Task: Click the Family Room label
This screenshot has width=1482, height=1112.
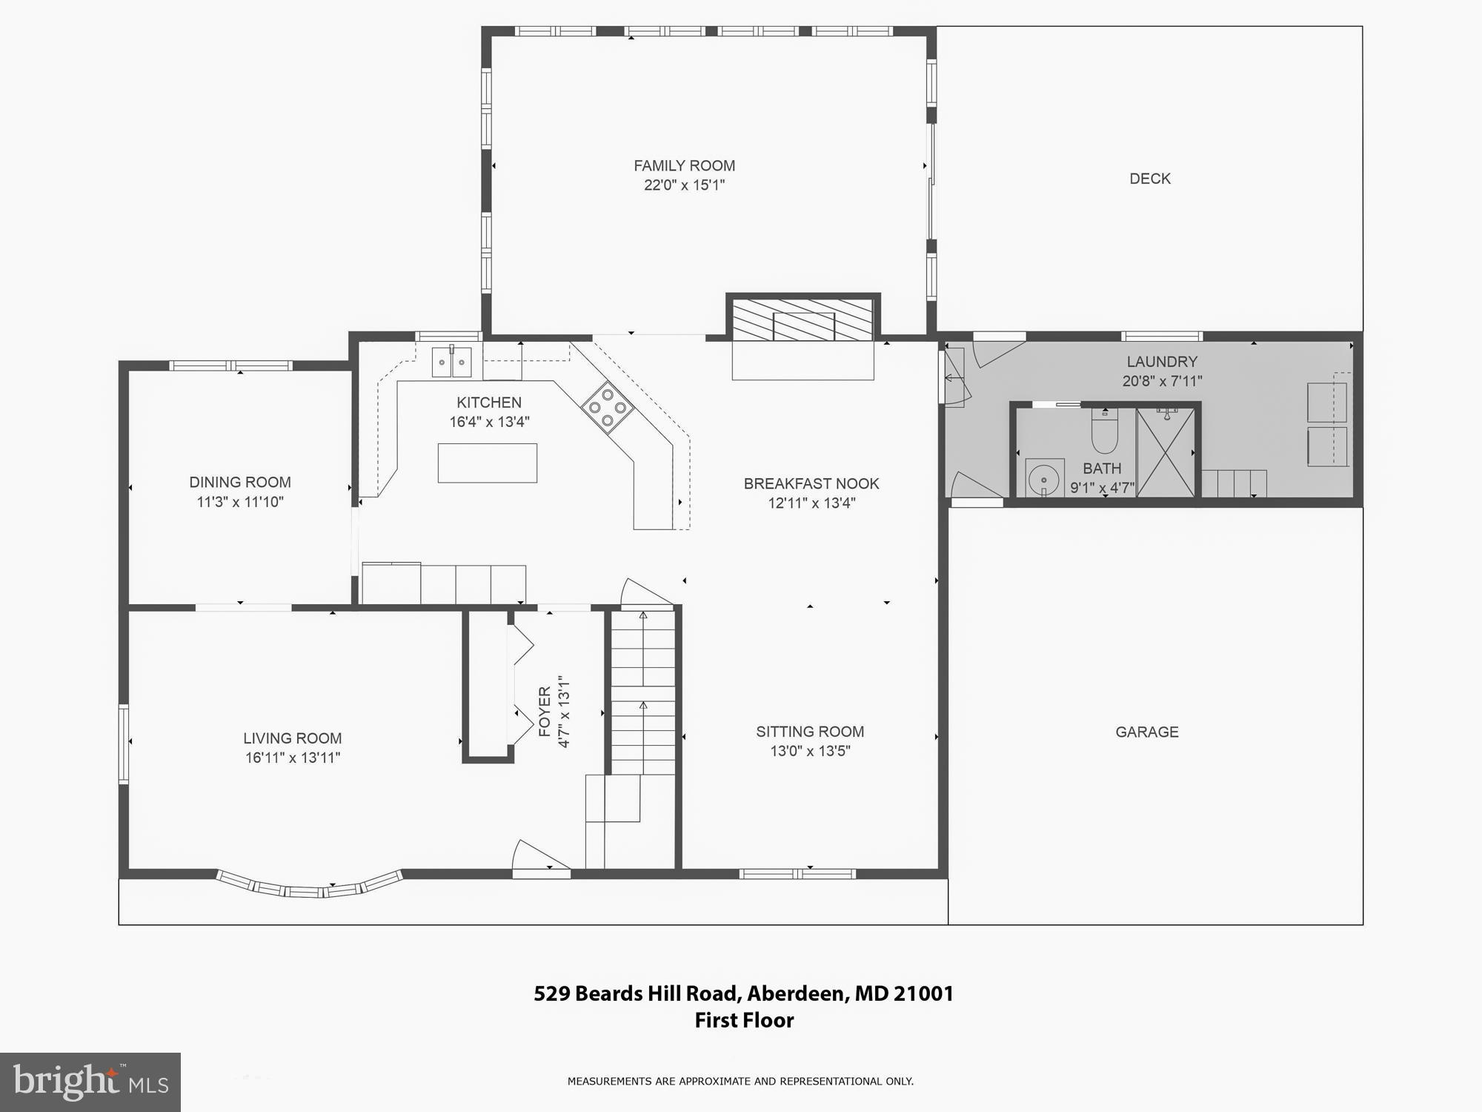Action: [x=684, y=166]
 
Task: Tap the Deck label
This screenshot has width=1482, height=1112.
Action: [x=1149, y=179]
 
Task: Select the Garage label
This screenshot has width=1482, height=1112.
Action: [x=1146, y=732]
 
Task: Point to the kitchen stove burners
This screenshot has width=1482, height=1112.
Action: [x=608, y=407]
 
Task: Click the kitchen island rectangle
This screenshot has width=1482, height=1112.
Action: [x=488, y=463]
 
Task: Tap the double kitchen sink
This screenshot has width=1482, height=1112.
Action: [x=451, y=363]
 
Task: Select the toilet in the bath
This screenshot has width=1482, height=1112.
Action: [x=1104, y=432]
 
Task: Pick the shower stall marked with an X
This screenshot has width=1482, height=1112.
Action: [x=1165, y=452]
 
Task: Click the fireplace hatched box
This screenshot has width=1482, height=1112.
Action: [x=803, y=320]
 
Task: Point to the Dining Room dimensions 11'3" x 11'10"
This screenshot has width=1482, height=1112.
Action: [x=240, y=502]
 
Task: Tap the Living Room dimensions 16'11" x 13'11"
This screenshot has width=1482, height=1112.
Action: [x=293, y=758]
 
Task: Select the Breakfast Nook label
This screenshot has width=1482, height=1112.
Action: [x=811, y=484]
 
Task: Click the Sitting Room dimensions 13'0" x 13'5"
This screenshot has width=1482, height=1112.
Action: [x=810, y=751]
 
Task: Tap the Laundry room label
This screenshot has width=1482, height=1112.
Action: [x=1161, y=362]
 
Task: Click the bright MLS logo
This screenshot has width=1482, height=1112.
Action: [x=90, y=1082]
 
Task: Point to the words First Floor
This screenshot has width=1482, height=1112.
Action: [x=744, y=1020]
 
